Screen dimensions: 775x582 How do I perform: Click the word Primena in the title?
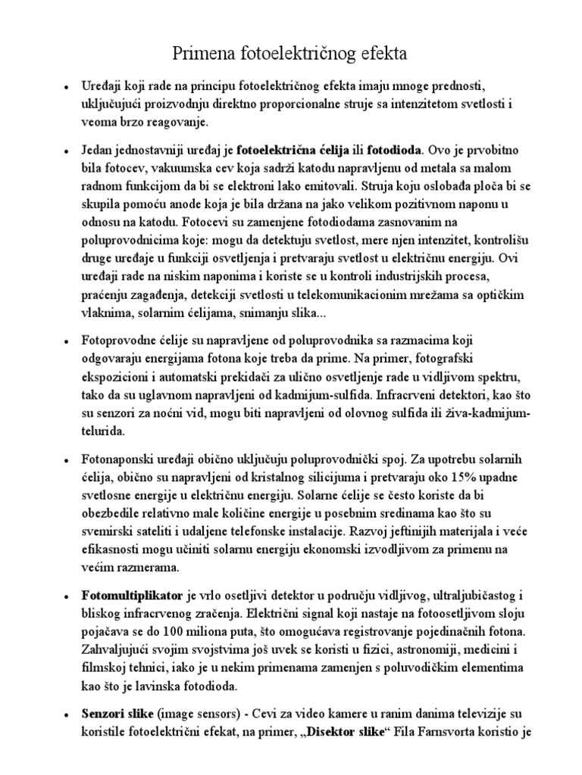(x=207, y=54)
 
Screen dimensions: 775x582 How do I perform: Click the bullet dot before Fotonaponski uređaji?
(x=67, y=460)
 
